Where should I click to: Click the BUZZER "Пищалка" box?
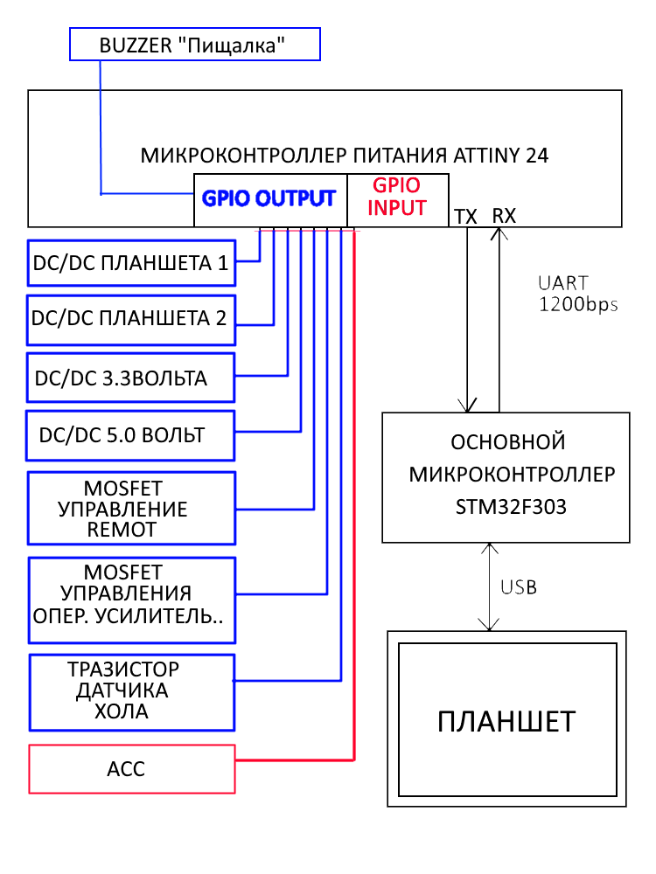click(x=194, y=45)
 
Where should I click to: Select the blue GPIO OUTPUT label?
click(x=269, y=198)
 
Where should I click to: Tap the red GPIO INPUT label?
click(x=397, y=198)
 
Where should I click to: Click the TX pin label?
click(x=465, y=216)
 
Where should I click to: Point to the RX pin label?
click(x=504, y=215)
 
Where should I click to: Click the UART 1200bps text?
click(x=576, y=294)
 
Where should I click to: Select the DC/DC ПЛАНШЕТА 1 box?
click(x=131, y=263)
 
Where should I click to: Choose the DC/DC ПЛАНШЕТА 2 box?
click(x=131, y=319)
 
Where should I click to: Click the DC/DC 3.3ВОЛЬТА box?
click(x=131, y=378)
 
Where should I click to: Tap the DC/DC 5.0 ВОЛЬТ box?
click(x=130, y=435)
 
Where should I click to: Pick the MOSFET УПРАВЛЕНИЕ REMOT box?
click(x=131, y=508)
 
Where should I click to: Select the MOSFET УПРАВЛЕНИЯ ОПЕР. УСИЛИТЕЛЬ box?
click(x=131, y=595)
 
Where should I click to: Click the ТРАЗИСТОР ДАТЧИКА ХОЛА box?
click(x=131, y=691)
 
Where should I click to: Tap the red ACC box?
click(x=132, y=769)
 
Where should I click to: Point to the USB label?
click(x=519, y=587)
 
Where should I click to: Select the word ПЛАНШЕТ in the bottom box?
click(x=506, y=722)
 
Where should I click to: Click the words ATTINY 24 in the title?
click(x=501, y=156)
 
